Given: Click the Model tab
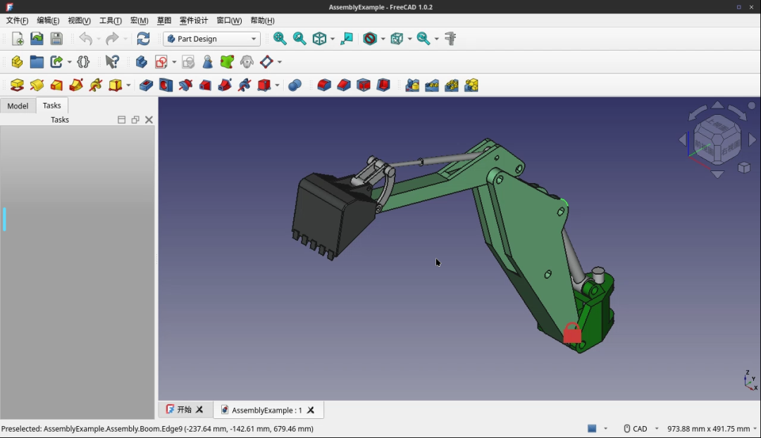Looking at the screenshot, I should pos(18,106).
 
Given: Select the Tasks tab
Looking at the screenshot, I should pos(52,106).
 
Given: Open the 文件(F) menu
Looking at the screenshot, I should pos(17,20).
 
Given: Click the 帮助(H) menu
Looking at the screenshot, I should pos(262,20).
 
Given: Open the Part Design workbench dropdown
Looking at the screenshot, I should pos(212,39).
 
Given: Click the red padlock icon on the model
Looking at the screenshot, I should pos(572,333).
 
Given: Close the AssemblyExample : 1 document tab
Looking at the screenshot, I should pos(311,410).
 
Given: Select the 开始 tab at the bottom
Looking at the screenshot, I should pos(184,410).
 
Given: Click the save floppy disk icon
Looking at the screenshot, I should pos(56,39).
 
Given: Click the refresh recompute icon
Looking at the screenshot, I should pos(143,39).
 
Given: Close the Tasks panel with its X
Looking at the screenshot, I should pos(149,120).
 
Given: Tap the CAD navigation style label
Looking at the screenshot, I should pos(640,429).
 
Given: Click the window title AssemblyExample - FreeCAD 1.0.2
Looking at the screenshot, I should pos(380,7).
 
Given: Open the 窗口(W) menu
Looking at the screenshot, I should pos(229,20).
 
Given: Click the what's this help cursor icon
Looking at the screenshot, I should pos(112,62).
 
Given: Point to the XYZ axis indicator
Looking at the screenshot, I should pos(750,381).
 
